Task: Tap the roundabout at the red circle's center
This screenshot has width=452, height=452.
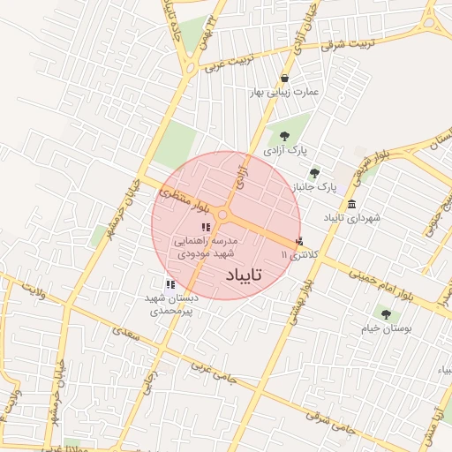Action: tap(224, 215)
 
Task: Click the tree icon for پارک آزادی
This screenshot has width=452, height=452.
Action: tap(284, 136)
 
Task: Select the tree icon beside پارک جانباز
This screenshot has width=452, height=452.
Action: tap(315, 173)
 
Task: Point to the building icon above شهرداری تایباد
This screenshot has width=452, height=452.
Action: tap(352, 204)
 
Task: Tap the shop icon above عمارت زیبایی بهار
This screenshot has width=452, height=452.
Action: tap(284, 78)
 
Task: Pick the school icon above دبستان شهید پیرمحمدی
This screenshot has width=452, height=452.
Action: tap(169, 284)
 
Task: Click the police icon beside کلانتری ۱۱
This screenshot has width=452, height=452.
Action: tap(299, 240)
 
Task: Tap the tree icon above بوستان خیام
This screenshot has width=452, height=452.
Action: tap(384, 313)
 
